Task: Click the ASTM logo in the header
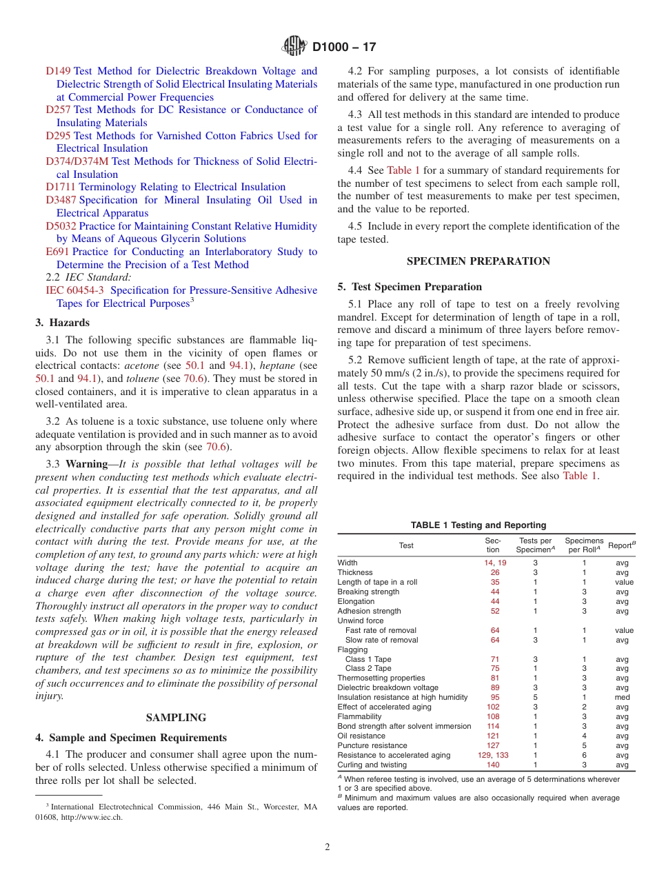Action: coord(294,47)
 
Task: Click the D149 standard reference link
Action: coord(58,71)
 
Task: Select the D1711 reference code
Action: coord(61,187)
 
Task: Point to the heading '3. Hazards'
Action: coord(62,322)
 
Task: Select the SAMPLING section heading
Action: coord(176,718)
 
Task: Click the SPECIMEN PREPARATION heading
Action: coord(478,261)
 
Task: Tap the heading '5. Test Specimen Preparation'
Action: coord(410,287)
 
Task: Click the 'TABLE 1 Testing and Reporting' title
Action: coord(478,525)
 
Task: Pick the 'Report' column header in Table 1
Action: coord(621,545)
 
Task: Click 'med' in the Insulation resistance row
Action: coord(622,697)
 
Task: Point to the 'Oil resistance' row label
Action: coord(361,736)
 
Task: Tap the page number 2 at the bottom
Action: coord(327,847)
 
